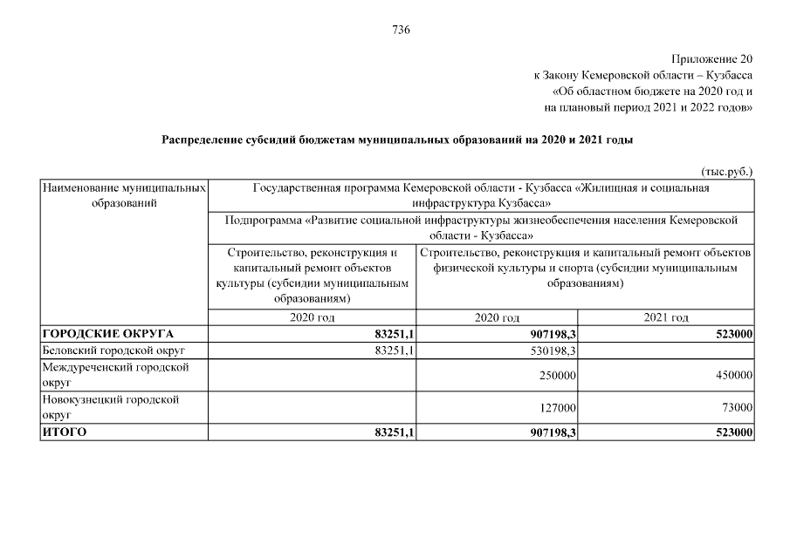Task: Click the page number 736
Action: coord(401,30)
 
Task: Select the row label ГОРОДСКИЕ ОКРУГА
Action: coord(108,334)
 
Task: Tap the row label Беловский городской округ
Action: coord(115,350)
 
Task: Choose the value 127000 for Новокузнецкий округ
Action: coord(560,407)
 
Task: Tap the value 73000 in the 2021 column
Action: coord(735,407)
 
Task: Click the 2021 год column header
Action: coord(666,318)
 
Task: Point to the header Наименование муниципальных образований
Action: coord(124,195)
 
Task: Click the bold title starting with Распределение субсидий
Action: coord(397,139)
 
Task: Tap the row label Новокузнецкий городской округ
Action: coord(111,407)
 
